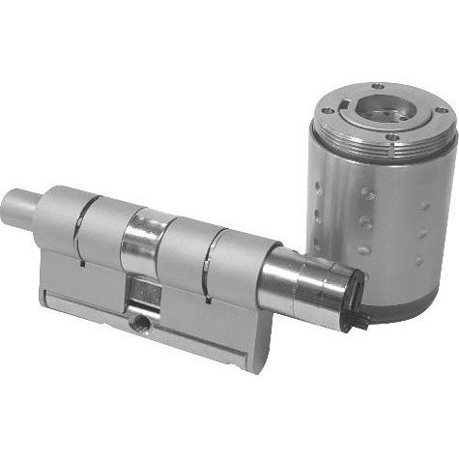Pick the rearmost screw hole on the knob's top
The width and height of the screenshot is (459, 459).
click(377, 86)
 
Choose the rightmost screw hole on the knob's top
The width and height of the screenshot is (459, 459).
click(442, 111)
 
